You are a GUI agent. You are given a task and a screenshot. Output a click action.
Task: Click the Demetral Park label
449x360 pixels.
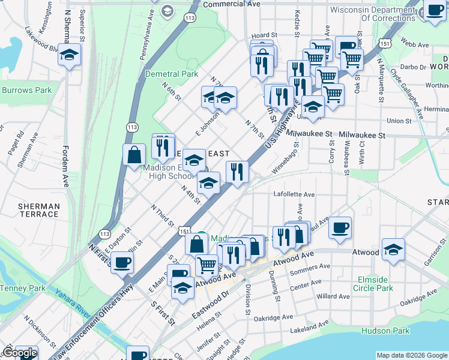point(172,74)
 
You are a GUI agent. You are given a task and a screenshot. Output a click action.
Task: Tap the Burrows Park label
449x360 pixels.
point(26,91)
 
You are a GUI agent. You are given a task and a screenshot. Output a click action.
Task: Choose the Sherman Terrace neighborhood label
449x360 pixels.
point(39,210)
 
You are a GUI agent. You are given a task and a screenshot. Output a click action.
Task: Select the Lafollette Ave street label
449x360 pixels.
point(294,194)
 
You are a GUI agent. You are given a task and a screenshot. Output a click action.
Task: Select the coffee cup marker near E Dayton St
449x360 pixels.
point(122,262)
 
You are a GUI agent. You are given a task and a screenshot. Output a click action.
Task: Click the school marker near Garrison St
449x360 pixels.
point(393,249)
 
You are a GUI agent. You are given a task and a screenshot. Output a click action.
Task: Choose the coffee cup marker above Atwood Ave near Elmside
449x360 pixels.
point(340,227)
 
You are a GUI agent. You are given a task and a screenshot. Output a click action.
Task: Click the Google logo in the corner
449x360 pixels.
point(19,353)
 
